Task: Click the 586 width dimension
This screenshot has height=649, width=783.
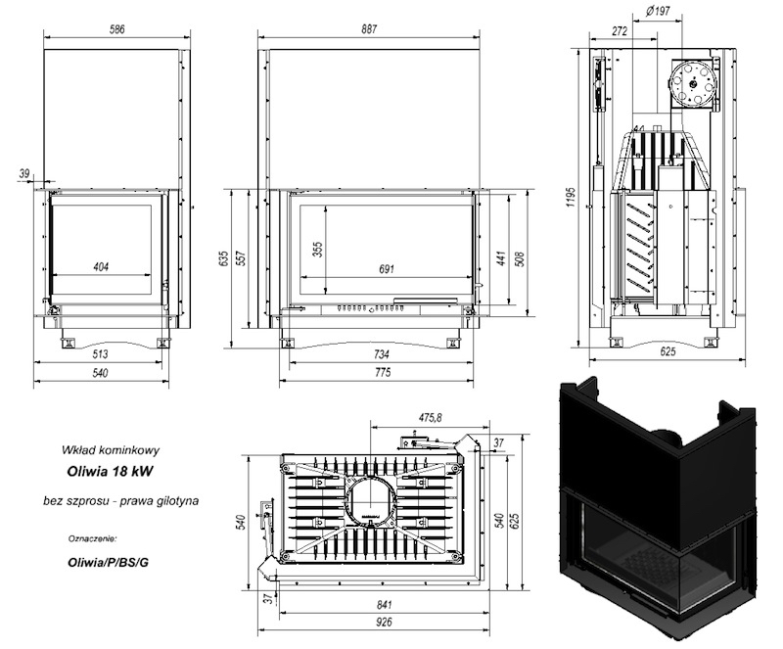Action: pyautogui.click(x=116, y=29)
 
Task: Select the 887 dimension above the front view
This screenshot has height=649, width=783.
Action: pyautogui.click(x=369, y=29)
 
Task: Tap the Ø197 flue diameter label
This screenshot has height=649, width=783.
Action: pyautogui.click(x=658, y=11)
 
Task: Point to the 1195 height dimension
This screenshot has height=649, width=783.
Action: pyautogui.click(x=572, y=198)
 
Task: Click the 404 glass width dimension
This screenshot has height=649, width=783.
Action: pyautogui.click(x=101, y=267)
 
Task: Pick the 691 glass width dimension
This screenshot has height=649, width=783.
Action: pyautogui.click(x=387, y=269)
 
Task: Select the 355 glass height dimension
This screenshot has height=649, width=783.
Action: pyautogui.click(x=317, y=250)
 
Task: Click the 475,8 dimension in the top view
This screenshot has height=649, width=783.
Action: pyautogui.click(x=430, y=418)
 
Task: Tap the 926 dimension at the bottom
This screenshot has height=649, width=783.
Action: pyautogui.click(x=384, y=622)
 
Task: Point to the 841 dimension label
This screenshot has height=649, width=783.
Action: pyautogui.click(x=384, y=605)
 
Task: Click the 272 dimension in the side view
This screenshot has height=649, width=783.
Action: pyautogui.click(x=620, y=31)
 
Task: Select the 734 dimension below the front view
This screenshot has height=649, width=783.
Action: pyautogui.click(x=381, y=354)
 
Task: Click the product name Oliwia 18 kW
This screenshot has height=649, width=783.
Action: pyautogui.click(x=110, y=472)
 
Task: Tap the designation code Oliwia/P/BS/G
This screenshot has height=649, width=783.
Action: pyautogui.click(x=109, y=562)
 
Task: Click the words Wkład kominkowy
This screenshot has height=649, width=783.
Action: pyautogui.click(x=111, y=449)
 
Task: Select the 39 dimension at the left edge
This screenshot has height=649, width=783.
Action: pyautogui.click(x=24, y=173)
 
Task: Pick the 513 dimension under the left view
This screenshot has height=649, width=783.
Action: pyautogui.click(x=101, y=354)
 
